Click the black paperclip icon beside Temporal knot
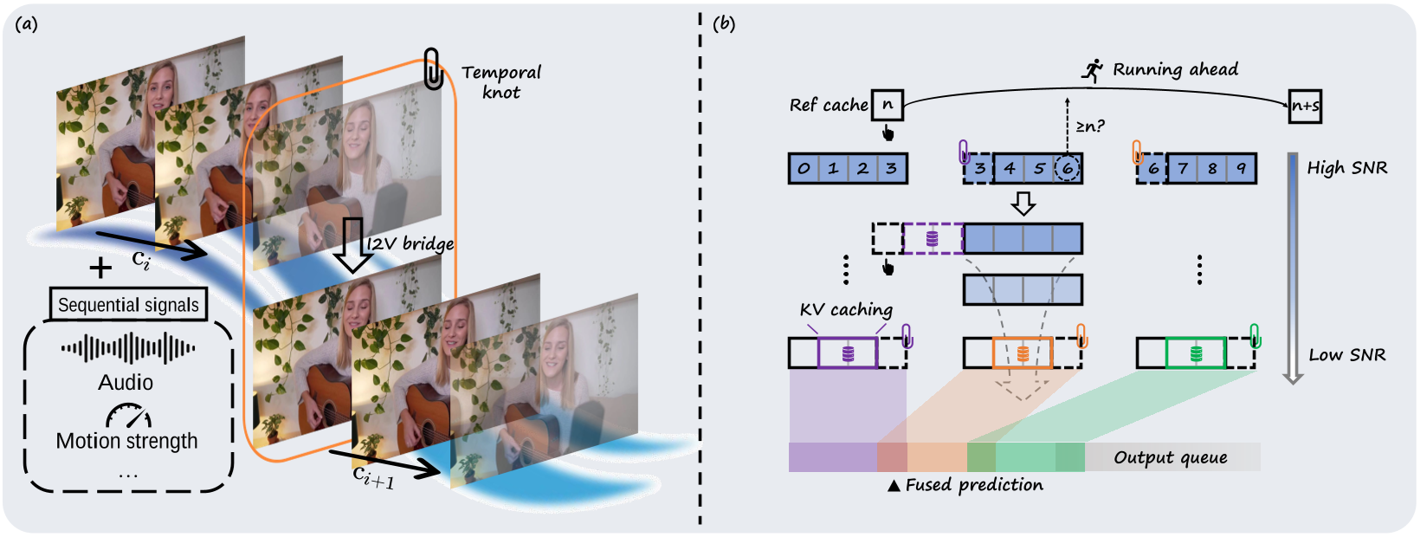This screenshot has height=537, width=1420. (433, 69)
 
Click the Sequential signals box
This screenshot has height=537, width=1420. (128, 305)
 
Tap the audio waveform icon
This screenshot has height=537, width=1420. (128, 349)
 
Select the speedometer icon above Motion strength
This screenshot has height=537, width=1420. (128, 417)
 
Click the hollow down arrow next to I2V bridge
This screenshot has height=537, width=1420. (352, 245)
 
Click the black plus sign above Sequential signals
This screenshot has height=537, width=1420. (100, 268)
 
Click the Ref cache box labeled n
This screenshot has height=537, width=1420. (887, 106)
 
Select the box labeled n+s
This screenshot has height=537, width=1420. (1305, 107)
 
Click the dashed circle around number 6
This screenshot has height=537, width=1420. (1068, 169)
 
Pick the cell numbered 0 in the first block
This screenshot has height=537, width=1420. (804, 169)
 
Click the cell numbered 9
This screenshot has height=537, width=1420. (1241, 169)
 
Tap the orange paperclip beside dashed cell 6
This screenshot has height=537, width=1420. (1137, 152)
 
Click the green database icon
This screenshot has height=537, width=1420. (1196, 353)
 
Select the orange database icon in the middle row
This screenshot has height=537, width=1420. (1023, 353)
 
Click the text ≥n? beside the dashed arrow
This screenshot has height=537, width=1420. (1090, 127)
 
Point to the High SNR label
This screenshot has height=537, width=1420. (1347, 168)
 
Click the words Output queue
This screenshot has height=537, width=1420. (1171, 457)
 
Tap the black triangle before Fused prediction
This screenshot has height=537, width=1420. (894, 486)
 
